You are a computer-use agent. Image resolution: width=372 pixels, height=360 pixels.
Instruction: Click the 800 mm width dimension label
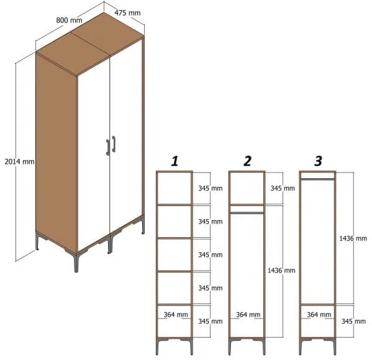[69, 20]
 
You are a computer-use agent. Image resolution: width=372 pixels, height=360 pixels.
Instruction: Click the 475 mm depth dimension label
[127, 12]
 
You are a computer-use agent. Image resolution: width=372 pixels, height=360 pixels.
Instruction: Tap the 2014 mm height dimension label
[19, 161]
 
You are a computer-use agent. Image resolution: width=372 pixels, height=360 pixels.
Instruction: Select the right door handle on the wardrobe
[114, 144]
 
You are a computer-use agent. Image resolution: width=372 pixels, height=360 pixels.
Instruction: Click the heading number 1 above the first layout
[175, 161]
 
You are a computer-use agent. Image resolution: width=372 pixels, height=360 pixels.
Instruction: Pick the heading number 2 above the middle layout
[247, 161]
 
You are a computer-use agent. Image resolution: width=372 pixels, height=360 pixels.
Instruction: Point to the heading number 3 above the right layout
[318, 161]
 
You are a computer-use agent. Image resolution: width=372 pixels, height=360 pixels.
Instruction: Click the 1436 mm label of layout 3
[353, 238]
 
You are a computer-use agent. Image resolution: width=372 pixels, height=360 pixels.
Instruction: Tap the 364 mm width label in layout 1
[176, 315]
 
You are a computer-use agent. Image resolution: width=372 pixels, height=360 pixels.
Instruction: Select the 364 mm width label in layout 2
[247, 315]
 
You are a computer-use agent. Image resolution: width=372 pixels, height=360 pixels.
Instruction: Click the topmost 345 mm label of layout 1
[210, 187]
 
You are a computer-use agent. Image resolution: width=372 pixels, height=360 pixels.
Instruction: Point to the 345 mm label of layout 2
[281, 187]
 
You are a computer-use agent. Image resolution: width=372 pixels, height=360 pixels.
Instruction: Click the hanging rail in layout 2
[247, 212]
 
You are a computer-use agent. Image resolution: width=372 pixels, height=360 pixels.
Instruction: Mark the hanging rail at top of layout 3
[317, 179]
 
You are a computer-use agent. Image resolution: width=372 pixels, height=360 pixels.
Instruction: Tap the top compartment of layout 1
[174, 187]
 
